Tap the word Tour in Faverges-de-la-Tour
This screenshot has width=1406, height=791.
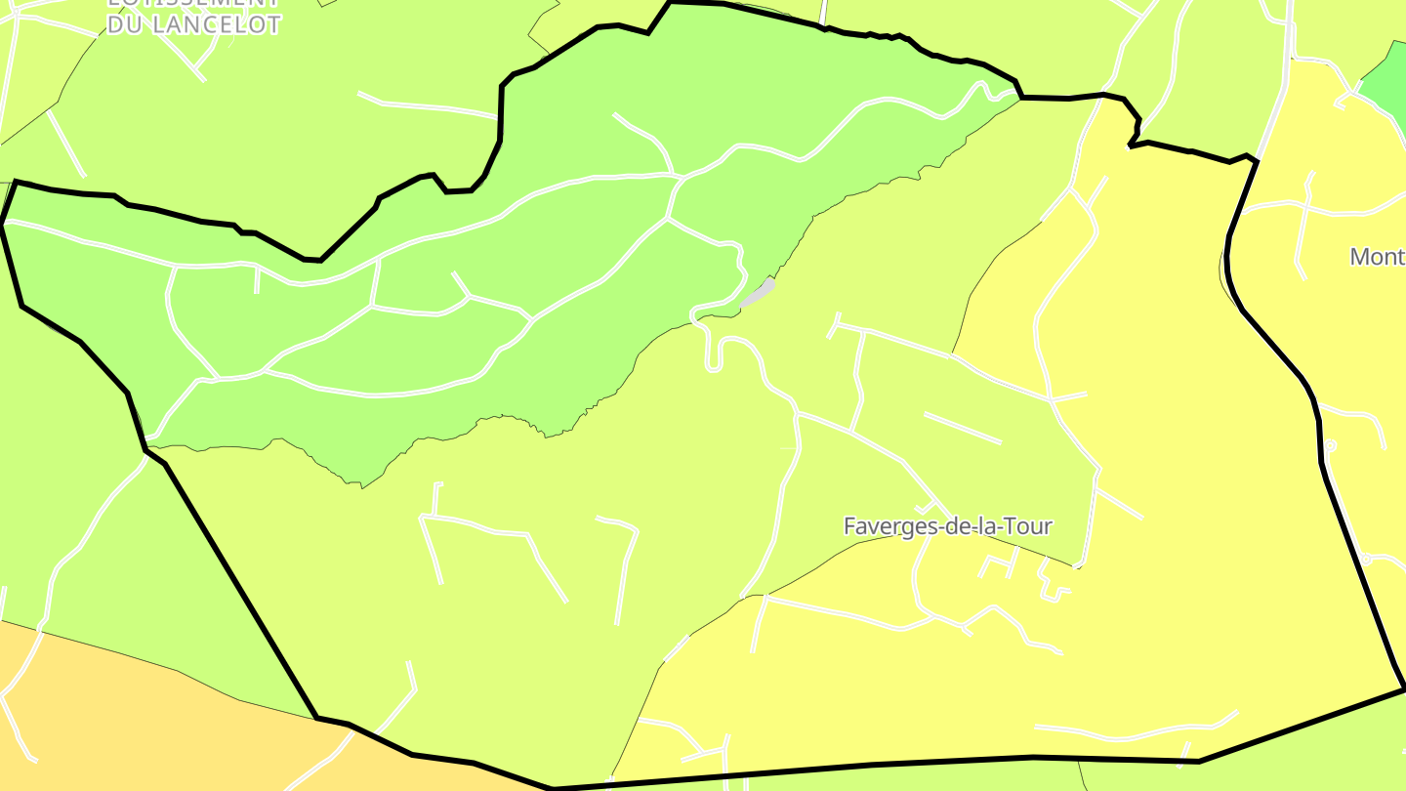[1031, 526]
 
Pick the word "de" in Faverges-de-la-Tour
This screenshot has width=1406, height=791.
[969, 526]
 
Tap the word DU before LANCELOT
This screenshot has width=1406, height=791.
[126, 25]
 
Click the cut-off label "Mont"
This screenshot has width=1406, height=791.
[1377, 257]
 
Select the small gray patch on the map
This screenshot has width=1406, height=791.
[759, 293]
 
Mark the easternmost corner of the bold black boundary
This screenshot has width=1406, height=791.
[1404, 688]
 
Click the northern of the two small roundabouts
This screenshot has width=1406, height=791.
[1329, 445]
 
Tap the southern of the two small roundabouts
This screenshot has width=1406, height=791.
[1367, 560]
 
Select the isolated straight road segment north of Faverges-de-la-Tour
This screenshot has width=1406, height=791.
[962, 428]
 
